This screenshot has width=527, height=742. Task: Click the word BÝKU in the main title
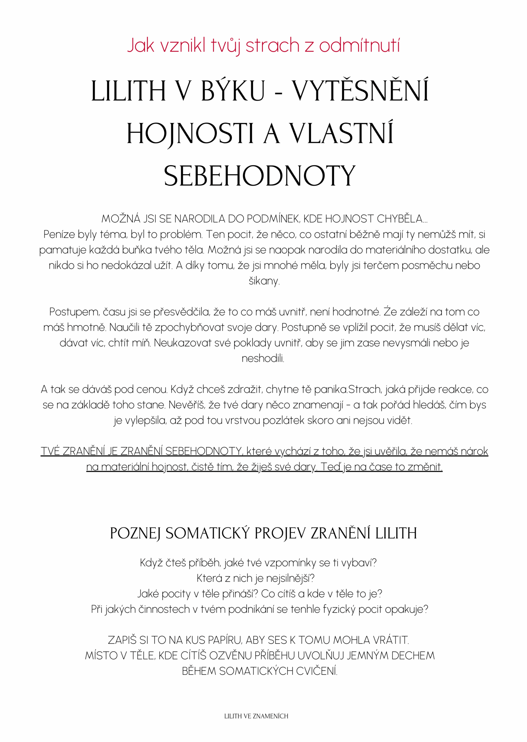click(233, 91)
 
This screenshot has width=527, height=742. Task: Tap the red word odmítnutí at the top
click(359, 46)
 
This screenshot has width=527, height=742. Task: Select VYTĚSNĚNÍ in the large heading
click(361, 91)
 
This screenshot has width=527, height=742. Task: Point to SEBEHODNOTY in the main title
click(260, 177)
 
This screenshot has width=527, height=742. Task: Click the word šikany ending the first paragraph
click(263, 281)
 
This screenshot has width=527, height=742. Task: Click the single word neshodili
click(263, 359)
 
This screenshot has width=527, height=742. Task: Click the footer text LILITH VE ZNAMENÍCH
click(256, 716)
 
